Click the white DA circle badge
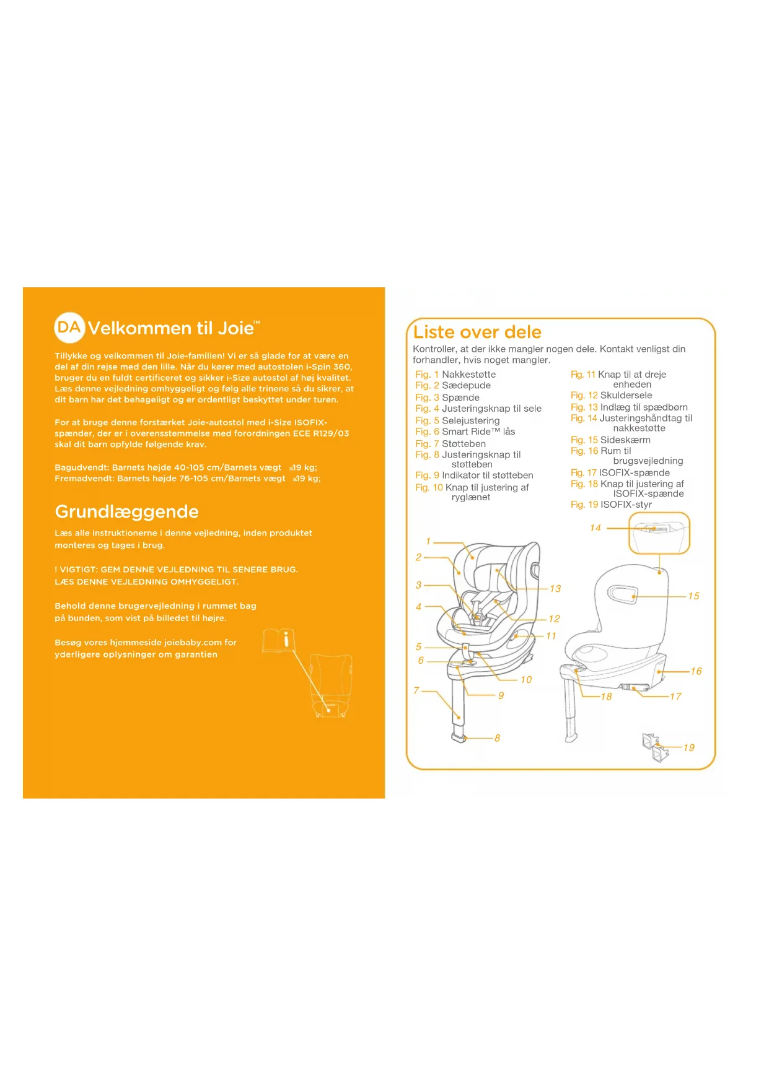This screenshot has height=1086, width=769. pyautogui.click(x=69, y=328)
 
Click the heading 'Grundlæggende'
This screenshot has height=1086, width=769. pyautogui.click(x=126, y=511)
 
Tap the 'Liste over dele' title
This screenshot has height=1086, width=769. pyautogui.click(x=477, y=332)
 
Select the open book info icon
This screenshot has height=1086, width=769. pyautogui.click(x=278, y=640)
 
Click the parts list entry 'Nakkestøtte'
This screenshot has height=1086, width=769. pyautogui.click(x=468, y=375)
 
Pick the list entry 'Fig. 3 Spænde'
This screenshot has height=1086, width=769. pyautogui.click(x=447, y=397)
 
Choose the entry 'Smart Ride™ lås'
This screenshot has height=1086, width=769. pyautogui.click(x=478, y=432)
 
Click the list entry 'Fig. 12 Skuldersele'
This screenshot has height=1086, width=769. pyautogui.click(x=611, y=395)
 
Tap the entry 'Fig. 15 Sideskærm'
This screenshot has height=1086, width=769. pyautogui.click(x=610, y=440)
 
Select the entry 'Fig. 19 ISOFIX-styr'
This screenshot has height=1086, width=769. pyautogui.click(x=611, y=505)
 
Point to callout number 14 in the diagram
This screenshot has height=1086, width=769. pyautogui.click(x=595, y=528)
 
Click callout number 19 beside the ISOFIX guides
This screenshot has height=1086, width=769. pyautogui.click(x=689, y=748)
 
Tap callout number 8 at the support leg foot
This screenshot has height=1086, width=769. pyautogui.click(x=497, y=738)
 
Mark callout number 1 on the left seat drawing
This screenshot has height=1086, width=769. pyautogui.click(x=428, y=541)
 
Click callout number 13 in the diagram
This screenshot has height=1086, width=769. pyautogui.click(x=555, y=589)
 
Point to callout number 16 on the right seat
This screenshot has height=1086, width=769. pyautogui.click(x=696, y=671)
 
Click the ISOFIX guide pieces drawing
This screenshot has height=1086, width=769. pyautogui.click(x=656, y=747)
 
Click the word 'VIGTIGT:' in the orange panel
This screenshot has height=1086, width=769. pyautogui.click(x=79, y=570)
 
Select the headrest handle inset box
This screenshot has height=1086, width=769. pyautogui.click(x=659, y=533)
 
